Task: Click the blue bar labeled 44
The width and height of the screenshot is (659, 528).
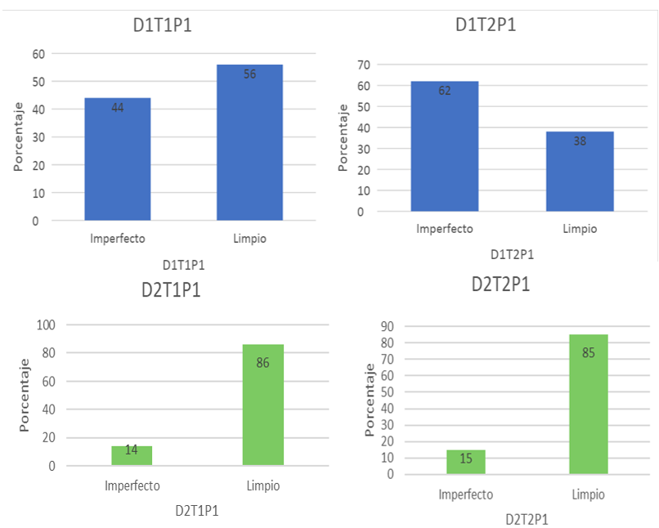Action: (x=118, y=159)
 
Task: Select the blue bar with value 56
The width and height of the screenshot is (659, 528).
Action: (x=249, y=142)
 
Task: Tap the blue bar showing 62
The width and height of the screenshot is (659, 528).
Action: (x=444, y=146)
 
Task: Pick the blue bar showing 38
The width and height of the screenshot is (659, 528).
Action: (x=580, y=171)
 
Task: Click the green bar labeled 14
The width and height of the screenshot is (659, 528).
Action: (x=132, y=455)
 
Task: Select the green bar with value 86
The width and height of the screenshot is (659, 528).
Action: (x=262, y=405)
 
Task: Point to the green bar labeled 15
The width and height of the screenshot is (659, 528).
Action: (x=465, y=462)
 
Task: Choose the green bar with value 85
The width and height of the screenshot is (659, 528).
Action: (x=589, y=404)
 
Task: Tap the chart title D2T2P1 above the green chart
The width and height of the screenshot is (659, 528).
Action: (x=501, y=284)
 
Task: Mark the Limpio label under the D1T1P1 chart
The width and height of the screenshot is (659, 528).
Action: (x=249, y=239)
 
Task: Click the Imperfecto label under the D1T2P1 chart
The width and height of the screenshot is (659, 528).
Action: (x=444, y=229)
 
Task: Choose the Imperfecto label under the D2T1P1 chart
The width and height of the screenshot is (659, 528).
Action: (x=132, y=485)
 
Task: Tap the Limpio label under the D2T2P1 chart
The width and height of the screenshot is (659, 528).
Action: (x=589, y=494)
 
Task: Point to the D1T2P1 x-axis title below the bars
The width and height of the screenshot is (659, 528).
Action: (x=512, y=254)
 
